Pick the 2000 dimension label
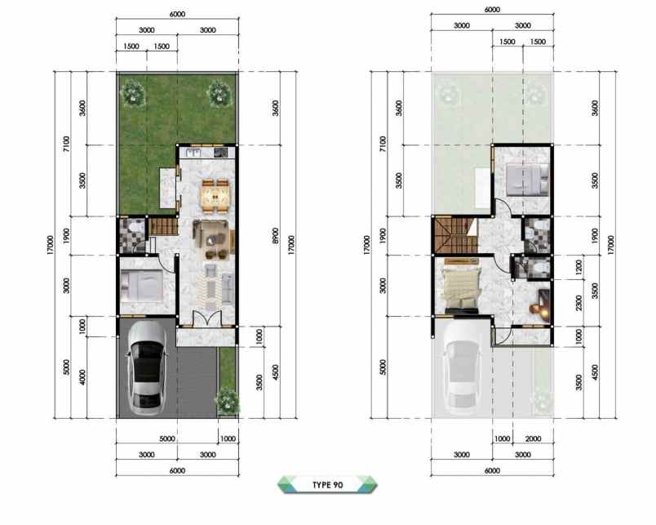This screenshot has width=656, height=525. [x=534, y=438]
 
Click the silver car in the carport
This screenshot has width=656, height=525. [x=146, y=367]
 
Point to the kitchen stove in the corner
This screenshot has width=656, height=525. [x=220, y=152]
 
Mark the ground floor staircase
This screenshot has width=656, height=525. [x=162, y=228]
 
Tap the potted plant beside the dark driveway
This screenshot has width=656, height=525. [x=227, y=401]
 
